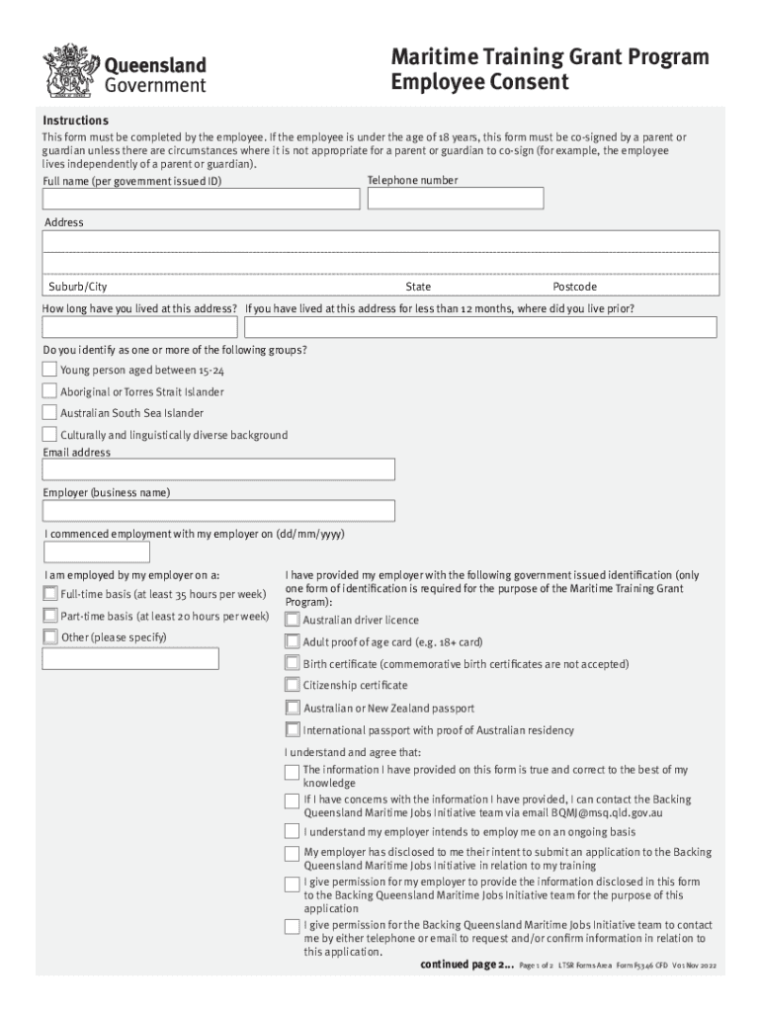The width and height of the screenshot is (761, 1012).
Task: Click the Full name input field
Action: pos(201,200)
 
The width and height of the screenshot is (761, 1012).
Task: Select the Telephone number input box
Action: pos(455,199)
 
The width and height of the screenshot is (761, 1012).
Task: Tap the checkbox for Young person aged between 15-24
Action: pos(49,370)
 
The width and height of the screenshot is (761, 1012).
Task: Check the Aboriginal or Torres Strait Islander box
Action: pos(49,391)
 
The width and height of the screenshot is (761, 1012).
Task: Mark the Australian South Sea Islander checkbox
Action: pos(49,413)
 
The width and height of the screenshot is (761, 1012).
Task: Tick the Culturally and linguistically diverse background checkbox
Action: pos(49,435)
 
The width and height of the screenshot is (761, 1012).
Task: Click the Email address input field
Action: pos(218,468)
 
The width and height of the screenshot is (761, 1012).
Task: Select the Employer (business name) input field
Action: pos(218,511)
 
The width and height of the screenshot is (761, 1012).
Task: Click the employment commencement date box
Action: pos(96,551)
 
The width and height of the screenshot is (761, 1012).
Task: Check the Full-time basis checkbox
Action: pos(49,594)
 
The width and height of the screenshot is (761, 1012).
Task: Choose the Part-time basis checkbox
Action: pos(49,616)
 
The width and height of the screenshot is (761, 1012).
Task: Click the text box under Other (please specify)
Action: pos(130,658)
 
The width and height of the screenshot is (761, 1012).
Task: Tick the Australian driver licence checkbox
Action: pos(292,620)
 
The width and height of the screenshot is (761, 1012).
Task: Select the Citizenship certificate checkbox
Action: pos(292,685)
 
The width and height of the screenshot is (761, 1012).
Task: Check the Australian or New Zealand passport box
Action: pos(292,708)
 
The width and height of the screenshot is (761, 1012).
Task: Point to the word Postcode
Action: pos(574,287)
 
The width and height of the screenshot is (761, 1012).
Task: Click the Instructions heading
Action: pos(75,121)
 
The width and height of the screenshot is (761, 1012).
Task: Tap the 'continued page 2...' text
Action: pos(466,964)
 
